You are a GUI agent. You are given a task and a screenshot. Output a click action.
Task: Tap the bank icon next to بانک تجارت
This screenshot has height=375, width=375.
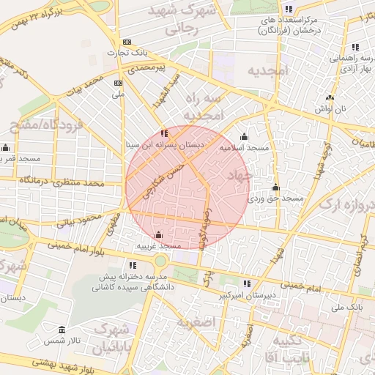coord(127,42)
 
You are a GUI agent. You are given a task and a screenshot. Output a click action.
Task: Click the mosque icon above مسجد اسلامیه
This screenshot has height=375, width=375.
coord(244,136)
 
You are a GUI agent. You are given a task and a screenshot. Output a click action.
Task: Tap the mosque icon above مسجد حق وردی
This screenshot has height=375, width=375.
coord(275,187)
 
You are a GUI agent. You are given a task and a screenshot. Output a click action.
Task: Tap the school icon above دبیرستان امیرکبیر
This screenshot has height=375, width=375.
coord(247,283)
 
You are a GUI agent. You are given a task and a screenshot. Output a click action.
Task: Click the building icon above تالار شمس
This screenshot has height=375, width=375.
coord(62,330)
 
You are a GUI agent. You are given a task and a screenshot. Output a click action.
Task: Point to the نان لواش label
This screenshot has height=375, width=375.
coord(330,108)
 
